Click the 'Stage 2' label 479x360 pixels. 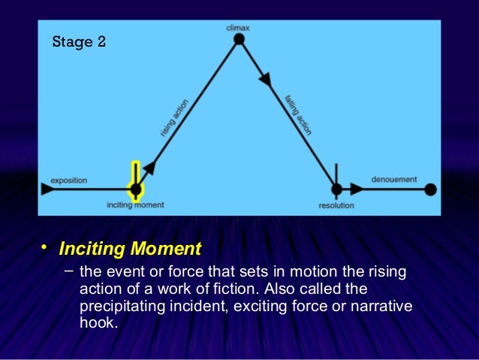click(78, 41)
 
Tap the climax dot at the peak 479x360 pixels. click(239, 40)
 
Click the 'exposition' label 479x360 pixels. click(69, 180)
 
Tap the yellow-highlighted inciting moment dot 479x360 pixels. click(135, 189)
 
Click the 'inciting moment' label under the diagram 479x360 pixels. click(135, 204)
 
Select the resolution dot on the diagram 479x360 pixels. click(336, 189)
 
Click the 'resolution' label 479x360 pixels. click(336, 205)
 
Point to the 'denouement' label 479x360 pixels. click(394, 180)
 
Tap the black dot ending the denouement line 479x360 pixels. click(430, 189)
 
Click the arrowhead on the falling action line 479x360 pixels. click(265, 77)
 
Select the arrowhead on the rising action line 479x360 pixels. click(151, 167)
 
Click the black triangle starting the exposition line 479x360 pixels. click(47, 189)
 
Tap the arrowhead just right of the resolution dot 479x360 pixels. click(357, 189)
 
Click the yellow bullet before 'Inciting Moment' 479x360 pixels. click(44, 247)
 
